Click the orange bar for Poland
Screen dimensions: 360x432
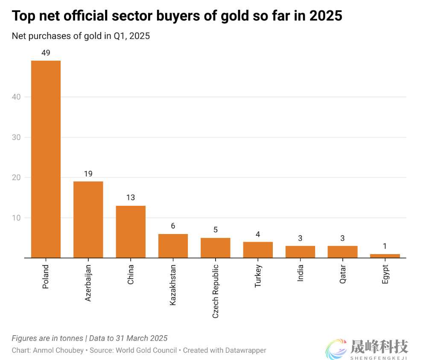[x=46, y=159]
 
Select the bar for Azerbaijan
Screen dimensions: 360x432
[x=88, y=220]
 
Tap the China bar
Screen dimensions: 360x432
[x=131, y=231]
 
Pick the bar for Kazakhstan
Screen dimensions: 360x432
[x=173, y=246]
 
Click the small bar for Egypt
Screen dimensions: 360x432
[x=385, y=256]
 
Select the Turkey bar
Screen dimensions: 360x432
[x=258, y=250]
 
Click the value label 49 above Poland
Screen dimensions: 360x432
[x=46, y=53]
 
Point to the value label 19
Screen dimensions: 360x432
[x=88, y=174]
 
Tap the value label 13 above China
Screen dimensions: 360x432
[x=131, y=198]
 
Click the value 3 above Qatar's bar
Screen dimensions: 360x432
[x=343, y=238]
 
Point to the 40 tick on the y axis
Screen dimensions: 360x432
[x=16, y=97]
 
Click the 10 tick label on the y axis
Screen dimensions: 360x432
[x=16, y=218]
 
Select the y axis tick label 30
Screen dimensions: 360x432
[x=16, y=138]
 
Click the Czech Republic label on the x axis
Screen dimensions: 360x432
[x=216, y=291]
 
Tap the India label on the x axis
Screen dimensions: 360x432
[x=301, y=273]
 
